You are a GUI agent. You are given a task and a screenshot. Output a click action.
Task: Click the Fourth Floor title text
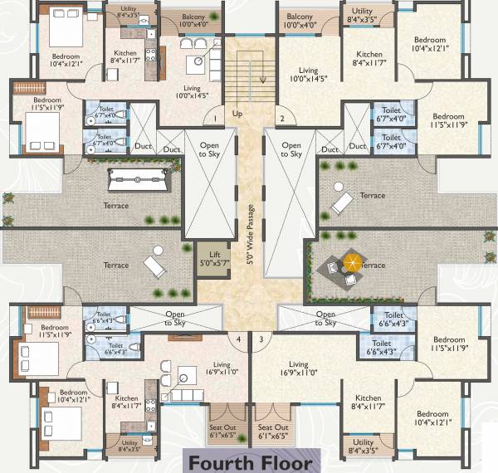click(x=248, y=462)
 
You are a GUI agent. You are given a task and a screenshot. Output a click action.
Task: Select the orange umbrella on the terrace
click(x=353, y=264)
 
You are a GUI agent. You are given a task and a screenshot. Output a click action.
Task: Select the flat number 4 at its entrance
click(x=239, y=339)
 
